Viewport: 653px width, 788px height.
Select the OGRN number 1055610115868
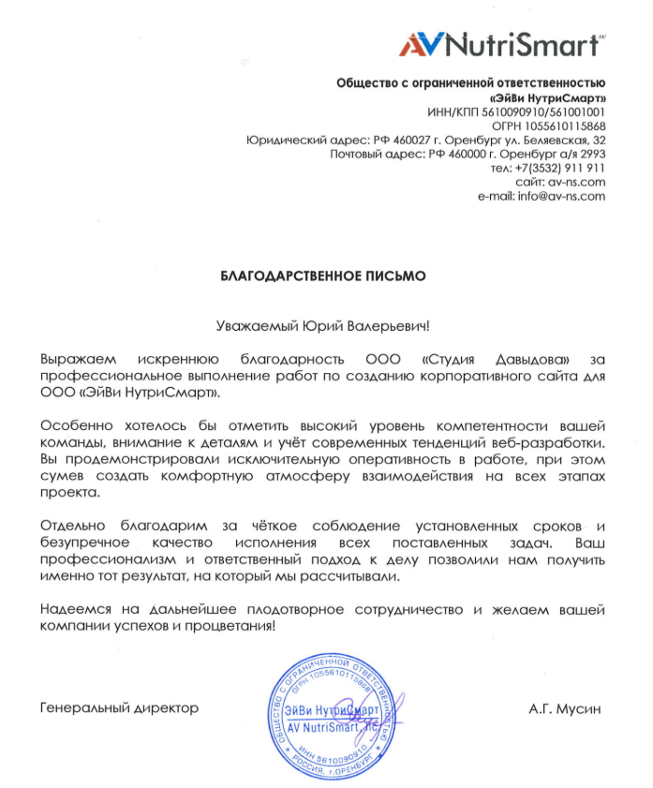click(x=566, y=126)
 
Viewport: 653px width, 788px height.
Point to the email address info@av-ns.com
click(x=556, y=196)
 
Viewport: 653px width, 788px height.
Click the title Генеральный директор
click(x=120, y=708)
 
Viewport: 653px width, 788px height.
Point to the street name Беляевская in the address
click(x=550, y=140)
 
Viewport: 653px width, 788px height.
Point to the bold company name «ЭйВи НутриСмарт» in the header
click(x=547, y=97)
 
